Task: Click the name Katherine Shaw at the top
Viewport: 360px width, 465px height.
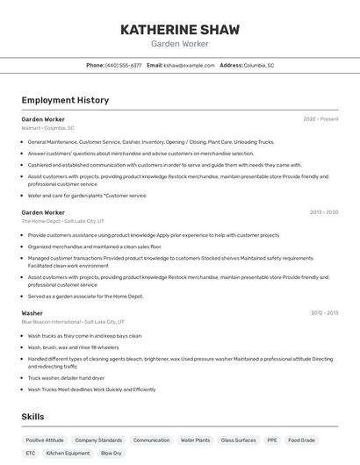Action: [179, 30]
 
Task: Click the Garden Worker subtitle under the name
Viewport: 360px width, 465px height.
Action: [179, 44]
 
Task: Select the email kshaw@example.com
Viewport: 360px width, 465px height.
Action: [189, 65]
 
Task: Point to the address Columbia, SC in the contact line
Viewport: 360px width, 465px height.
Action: [259, 65]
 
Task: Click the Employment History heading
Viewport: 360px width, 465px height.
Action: [65, 100]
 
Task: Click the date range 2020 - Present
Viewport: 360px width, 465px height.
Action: [320, 119]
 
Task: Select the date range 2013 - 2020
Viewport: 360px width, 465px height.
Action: [324, 212]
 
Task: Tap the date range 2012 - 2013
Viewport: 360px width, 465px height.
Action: [324, 313]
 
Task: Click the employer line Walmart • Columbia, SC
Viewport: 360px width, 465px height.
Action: [47, 128]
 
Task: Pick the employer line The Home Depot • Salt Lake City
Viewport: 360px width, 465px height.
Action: [62, 221]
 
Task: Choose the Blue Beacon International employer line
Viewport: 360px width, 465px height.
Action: [73, 322]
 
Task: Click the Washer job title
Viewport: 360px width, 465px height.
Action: [32, 313]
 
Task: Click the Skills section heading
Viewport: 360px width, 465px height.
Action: [32, 417]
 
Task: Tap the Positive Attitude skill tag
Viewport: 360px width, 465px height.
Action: [45, 440]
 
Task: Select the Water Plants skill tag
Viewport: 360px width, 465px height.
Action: [195, 440]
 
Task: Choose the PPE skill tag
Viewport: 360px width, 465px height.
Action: [272, 440]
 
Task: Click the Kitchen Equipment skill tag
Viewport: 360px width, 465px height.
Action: [68, 454]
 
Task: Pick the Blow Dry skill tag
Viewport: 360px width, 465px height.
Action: [112, 454]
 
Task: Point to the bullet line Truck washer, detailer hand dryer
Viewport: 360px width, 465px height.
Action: [66, 378]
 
